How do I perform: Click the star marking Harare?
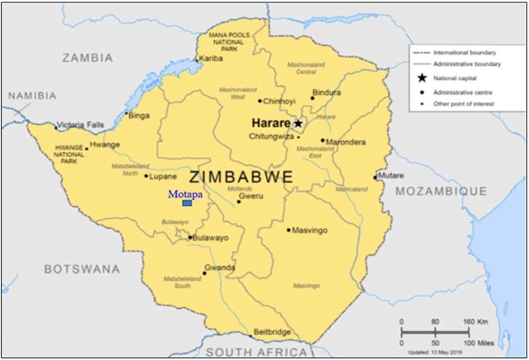[298, 123]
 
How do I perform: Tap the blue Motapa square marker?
[187, 203]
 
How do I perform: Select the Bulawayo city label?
[211, 237]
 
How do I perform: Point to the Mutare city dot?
[377, 177]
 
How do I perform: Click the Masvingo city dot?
[289, 230]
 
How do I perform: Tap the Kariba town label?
[212, 58]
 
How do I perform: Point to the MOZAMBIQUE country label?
[441, 190]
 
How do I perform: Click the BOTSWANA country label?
[82, 269]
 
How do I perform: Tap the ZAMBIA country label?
[87, 57]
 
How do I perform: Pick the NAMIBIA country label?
[32, 96]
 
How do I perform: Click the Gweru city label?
[251, 196]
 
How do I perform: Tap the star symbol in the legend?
[422, 77]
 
